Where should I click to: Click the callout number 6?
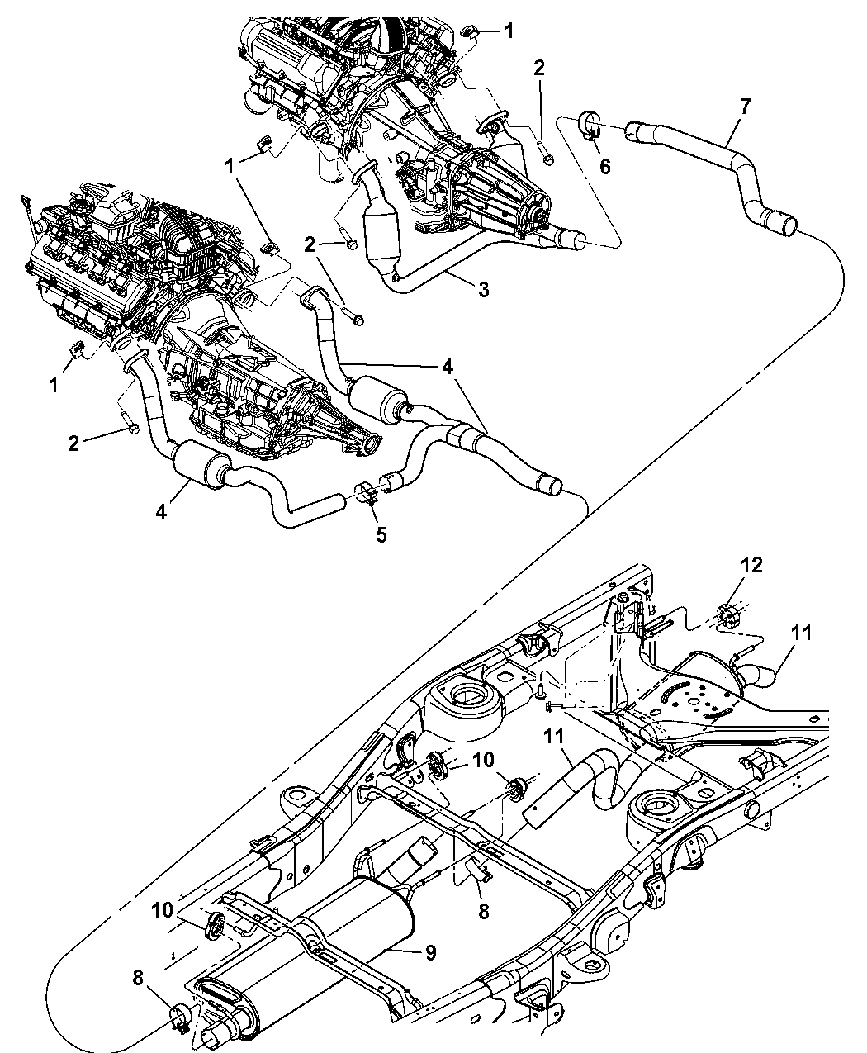(604, 166)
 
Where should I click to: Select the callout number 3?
(483, 289)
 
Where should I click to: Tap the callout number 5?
(381, 534)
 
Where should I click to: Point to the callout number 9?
(430, 952)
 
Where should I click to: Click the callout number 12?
(751, 566)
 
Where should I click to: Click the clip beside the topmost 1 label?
(467, 32)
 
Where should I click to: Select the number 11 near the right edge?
(802, 633)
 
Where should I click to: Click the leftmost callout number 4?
(161, 512)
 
